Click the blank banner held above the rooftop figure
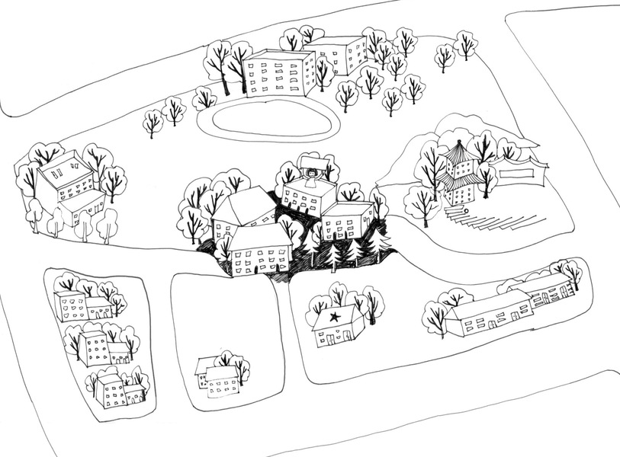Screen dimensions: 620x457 (313, 161)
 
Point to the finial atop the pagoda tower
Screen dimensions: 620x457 (458, 142)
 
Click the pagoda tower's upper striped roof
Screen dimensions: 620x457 (458, 154)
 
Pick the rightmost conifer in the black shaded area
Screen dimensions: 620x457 (379, 240)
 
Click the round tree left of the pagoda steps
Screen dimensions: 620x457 (422, 203)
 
